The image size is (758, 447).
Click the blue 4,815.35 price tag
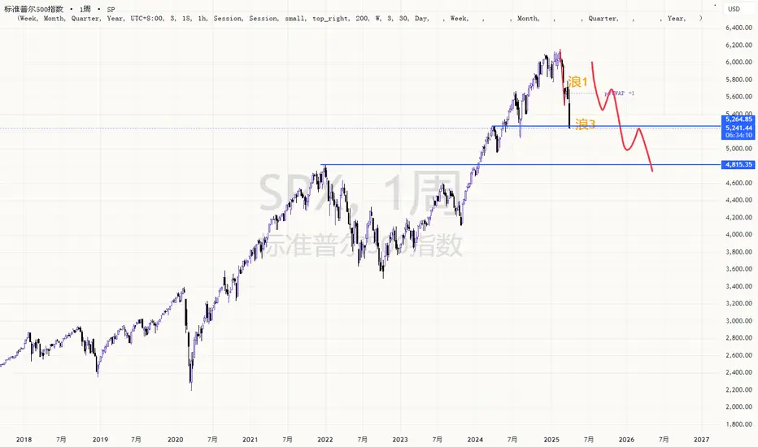point(738,165)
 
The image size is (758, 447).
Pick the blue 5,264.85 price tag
point(738,119)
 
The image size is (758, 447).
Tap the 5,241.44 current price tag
point(738,128)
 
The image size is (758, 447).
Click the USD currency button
point(734,9)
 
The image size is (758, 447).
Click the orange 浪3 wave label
point(586,124)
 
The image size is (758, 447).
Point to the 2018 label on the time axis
point(24,439)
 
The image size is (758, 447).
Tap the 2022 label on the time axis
point(325,439)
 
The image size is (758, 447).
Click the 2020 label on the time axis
point(175,439)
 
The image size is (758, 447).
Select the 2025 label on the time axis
point(552,439)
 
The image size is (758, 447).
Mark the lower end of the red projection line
point(652,171)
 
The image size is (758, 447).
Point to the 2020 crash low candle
point(191,388)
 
